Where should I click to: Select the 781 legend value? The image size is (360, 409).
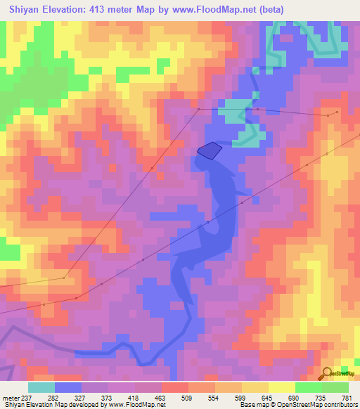click(346, 397)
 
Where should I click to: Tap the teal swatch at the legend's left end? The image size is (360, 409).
click(41, 387)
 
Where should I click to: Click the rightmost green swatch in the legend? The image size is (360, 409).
click(335, 387)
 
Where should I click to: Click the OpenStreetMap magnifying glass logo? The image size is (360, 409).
click(326, 373)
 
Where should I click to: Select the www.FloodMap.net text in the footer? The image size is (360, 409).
click(134, 405)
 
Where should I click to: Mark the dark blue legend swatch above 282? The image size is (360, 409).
click(68, 387)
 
